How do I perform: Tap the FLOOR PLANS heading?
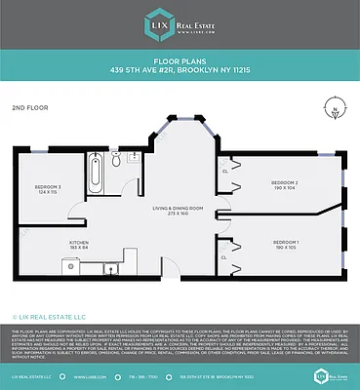tap(180, 61)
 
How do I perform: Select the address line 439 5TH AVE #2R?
tap(180, 70)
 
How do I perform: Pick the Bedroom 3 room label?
tap(48, 186)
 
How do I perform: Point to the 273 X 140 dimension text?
tap(177, 214)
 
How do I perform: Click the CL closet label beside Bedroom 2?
tap(225, 172)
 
